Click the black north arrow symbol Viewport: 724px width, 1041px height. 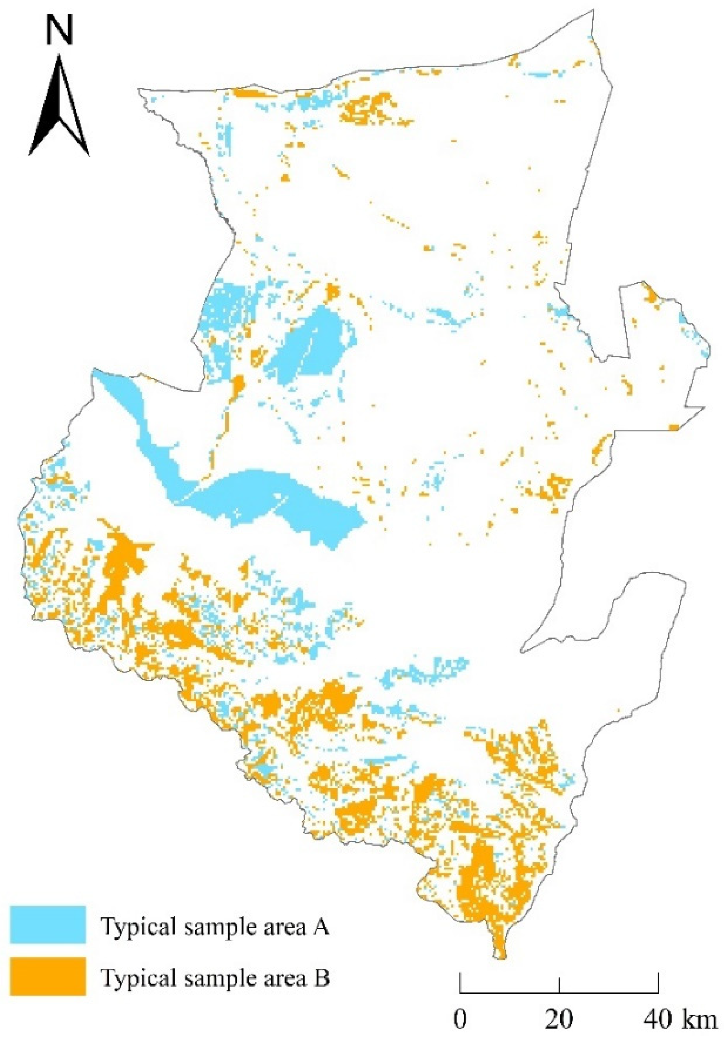pyautogui.click(x=59, y=107)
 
